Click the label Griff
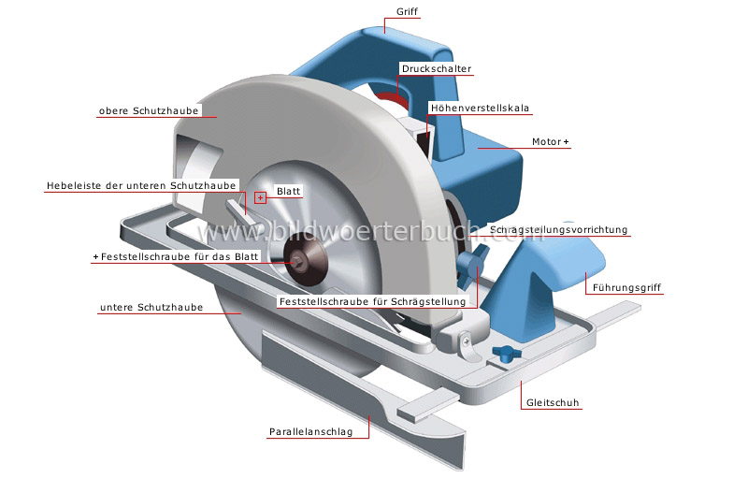(x=407, y=11)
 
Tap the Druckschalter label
(x=437, y=68)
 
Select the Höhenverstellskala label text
(x=480, y=108)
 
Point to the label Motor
(x=547, y=142)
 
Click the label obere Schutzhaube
(x=149, y=110)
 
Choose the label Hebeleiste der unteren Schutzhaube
(x=141, y=185)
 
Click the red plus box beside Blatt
(x=260, y=197)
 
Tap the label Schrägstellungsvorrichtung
(x=558, y=229)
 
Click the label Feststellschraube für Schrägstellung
(x=372, y=301)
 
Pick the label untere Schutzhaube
(x=151, y=308)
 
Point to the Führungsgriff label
(x=626, y=288)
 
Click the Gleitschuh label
(x=553, y=403)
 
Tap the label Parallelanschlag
(x=311, y=432)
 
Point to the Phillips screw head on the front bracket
(x=466, y=341)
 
